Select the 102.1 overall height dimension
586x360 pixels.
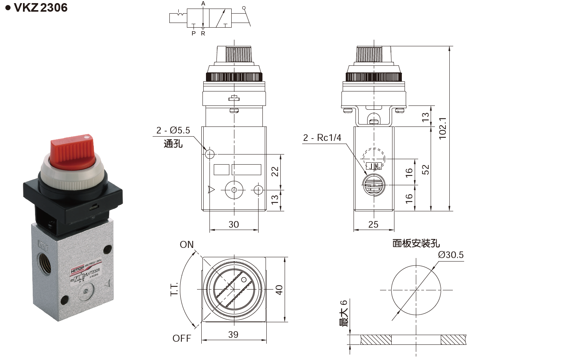coord(442,128)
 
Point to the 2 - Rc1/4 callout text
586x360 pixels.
coord(322,138)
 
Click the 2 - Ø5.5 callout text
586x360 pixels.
coord(173,130)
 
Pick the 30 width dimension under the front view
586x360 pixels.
coord(234,225)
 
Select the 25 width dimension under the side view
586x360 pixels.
coord(373,225)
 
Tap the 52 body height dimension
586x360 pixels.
coord(426,170)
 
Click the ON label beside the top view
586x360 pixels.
coord(187,244)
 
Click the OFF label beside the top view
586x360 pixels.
coord(182,338)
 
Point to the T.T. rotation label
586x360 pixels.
coord(174,289)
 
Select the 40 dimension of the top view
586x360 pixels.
coord(279,290)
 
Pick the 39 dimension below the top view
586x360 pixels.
coord(233,335)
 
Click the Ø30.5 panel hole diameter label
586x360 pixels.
coord(450,255)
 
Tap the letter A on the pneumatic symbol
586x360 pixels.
coord(203,4)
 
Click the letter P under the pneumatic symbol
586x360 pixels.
coord(194,34)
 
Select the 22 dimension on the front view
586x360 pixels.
coord(275,171)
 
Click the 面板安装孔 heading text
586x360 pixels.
coord(416,243)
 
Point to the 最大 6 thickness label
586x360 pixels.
coord(343,313)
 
